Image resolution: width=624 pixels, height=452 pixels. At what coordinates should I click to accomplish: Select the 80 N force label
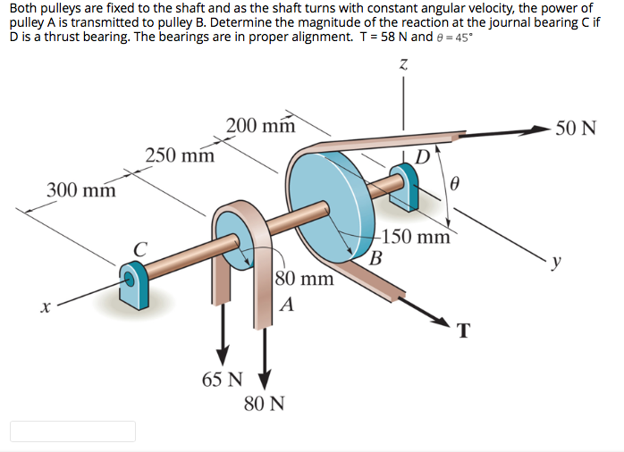pyautogui.click(x=264, y=404)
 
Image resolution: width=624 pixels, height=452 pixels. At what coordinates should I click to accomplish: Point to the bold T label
pyautogui.click(x=462, y=331)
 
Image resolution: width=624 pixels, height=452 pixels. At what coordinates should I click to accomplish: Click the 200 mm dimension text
pyautogui.click(x=260, y=125)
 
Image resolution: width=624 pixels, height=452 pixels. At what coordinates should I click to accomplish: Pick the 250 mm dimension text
pyautogui.click(x=180, y=156)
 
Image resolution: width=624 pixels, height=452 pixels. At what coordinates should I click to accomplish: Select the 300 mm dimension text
pyautogui.click(x=81, y=190)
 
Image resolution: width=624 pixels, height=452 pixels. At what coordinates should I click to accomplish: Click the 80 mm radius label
pyautogui.click(x=304, y=278)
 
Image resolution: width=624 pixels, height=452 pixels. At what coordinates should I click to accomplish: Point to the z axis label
pyautogui.click(x=404, y=64)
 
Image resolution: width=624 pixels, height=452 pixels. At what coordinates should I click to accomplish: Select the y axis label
pyautogui.click(x=558, y=262)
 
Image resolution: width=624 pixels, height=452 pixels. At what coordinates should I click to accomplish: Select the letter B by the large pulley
pyautogui.click(x=376, y=260)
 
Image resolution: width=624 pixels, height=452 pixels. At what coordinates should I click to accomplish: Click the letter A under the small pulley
pyautogui.click(x=286, y=304)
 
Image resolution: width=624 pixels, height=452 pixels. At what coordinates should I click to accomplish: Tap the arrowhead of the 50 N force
pyautogui.click(x=542, y=131)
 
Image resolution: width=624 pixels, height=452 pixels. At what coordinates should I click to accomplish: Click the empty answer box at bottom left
pyautogui.click(x=73, y=431)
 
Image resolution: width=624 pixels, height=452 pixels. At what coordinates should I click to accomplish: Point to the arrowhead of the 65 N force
pyautogui.click(x=222, y=353)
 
